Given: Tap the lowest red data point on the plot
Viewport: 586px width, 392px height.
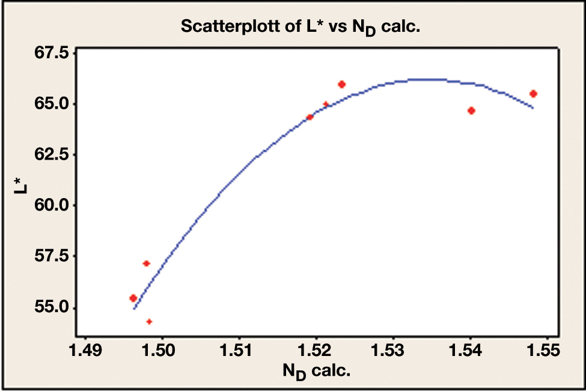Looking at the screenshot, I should click(x=149, y=322).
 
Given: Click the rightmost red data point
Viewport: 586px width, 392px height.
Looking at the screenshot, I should click(x=533, y=94).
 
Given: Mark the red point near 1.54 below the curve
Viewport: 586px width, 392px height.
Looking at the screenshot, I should click(x=471, y=110).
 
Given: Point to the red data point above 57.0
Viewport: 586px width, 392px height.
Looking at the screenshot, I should click(x=146, y=264).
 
